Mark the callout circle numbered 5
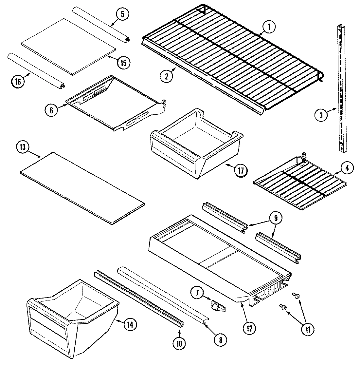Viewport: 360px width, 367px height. [122, 14]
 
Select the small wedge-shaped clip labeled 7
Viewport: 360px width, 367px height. [216, 305]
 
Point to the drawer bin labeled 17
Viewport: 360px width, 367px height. [196, 144]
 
